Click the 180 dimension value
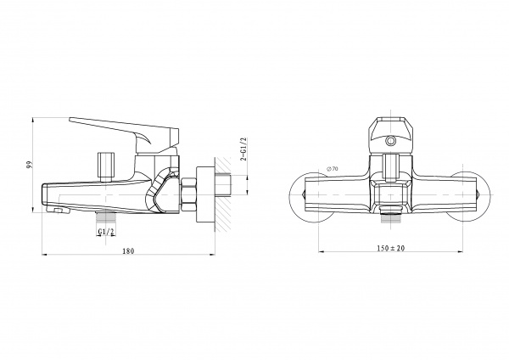128,250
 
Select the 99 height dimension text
29,165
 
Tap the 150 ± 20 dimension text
391,248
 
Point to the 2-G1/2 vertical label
243,149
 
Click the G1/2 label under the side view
106,231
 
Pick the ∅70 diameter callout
333,169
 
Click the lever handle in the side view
125,131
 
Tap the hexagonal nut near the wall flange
189,194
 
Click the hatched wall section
222,194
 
